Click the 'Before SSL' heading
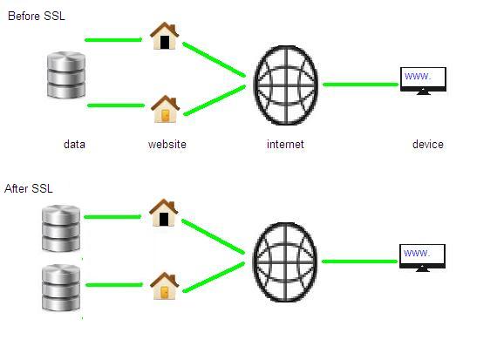coord(37,16)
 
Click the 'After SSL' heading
coord(29,188)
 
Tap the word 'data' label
coord(74,144)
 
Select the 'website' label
coord(167,144)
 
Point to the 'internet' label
coord(285,144)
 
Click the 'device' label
coord(428,144)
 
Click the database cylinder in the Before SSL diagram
coord(66,75)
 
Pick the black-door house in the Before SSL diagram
coord(164,36)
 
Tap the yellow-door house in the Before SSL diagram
coord(165,109)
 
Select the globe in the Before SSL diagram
coord(286,85)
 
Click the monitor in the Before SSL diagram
coord(423,81)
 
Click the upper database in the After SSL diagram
coord(61,228)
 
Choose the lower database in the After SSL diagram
coord(61,288)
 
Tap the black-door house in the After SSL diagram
coord(164,213)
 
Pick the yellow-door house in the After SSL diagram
coord(165,286)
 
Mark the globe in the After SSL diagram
coord(285,262)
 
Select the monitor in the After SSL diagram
coord(422,258)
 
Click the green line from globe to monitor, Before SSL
coord(361,85)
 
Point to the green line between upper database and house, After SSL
coord(112,217)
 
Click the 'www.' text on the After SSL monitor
coord(417,253)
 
